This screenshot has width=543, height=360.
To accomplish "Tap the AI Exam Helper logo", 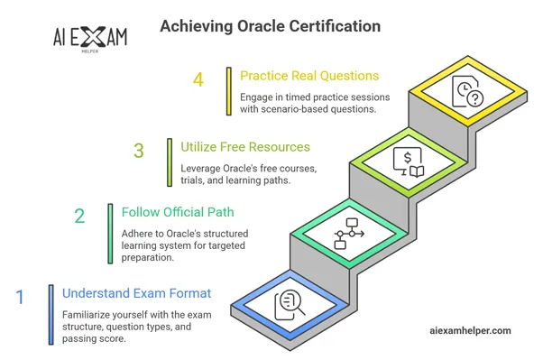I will click(x=91, y=39).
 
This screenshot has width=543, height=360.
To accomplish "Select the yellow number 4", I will click(x=198, y=79).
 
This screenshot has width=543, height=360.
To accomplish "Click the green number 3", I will click(x=138, y=150).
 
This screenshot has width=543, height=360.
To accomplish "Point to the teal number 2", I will click(x=79, y=217).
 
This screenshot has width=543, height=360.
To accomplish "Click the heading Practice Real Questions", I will click(x=308, y=75).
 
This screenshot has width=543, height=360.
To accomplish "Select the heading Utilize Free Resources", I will click(x=246, y=146).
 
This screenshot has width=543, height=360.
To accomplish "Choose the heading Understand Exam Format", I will click(x=135, y=292).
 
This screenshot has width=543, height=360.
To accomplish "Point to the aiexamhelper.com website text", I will click(x=471, y=331).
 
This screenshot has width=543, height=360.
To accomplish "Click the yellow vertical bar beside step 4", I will click(x=229, y=91).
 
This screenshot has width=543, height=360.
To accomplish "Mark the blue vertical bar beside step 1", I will click(x=51, y=314).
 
